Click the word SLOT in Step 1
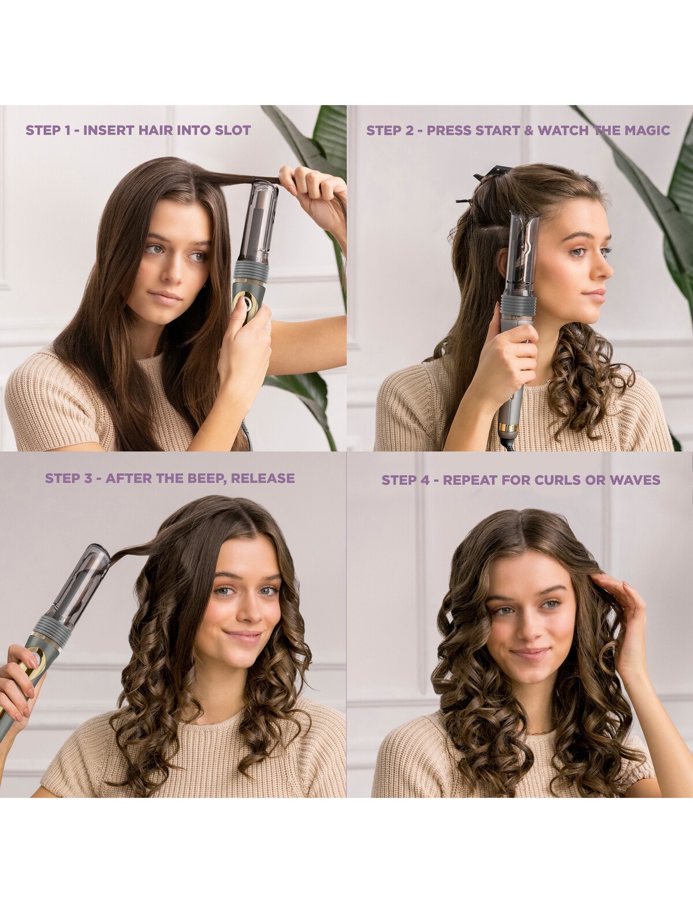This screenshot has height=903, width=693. coord(232,130)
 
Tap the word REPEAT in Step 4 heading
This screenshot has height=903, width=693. coord(470,480)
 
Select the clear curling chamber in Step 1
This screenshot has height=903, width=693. coord(259,222)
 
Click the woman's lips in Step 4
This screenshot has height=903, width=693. coord(530,654)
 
